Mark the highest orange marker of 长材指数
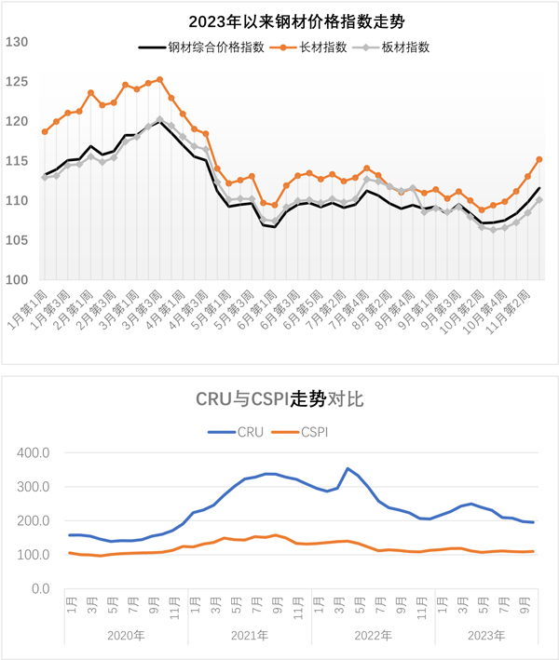160,80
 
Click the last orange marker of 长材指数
539,160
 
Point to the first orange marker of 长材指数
45,131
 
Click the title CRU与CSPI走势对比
279,400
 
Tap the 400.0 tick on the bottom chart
35,452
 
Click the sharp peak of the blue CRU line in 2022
348,468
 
